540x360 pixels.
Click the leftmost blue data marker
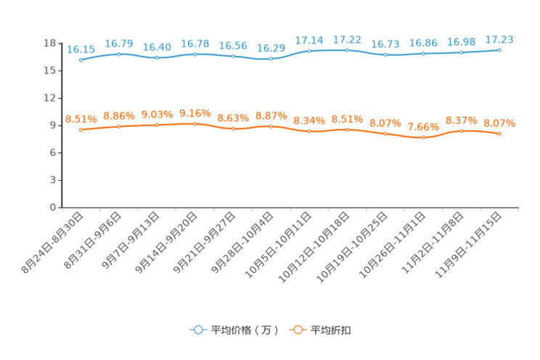[81, 60]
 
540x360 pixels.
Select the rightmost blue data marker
[499, 50]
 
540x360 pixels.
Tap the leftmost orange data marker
[81, 130]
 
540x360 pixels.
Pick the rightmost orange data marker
[499, 134]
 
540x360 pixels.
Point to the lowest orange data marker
[423, 138]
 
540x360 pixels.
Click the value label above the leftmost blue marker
[81, 49]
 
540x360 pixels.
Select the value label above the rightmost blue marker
[499, 39]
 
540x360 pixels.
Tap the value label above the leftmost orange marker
[81, 119]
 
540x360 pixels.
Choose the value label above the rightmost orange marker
[499, 123]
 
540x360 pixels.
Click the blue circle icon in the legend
[198, 330]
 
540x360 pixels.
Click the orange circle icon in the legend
[298, 330]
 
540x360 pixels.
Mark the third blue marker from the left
[157, 57]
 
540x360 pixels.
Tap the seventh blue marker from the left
[309, 51]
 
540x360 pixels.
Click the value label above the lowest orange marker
[423, 127]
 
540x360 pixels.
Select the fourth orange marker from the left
[195, 124]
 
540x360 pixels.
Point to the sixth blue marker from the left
[271, 58]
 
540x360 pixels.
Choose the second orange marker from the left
[119, 127]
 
